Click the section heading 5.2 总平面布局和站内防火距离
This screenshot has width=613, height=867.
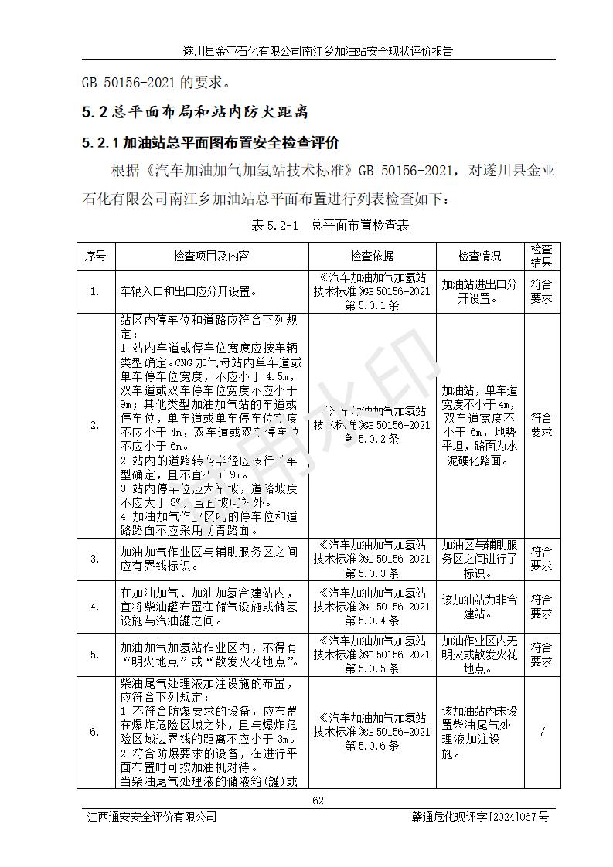click(195, 112)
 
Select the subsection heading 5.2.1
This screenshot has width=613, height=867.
click(210, 143)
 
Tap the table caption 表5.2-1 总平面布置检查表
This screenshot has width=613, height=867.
click(330, 226)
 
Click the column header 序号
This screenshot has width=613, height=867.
click(95, 256)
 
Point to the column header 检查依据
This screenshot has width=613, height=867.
click(372, 256)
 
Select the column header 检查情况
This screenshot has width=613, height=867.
click(479, 256)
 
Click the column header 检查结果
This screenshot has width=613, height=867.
click(541, 256)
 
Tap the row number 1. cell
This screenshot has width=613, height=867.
click(95, 292)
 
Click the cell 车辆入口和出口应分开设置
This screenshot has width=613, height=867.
click(189, 292)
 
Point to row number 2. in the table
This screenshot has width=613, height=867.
click(95, 425)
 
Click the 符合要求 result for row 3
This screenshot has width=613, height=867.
click(541, 559)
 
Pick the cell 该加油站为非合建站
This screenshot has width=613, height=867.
click(479, 607)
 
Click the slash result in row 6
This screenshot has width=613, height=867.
click(541, 733)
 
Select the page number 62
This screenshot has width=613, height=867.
click(318, 800)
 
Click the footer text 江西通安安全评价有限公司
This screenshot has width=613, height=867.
click(152, 817)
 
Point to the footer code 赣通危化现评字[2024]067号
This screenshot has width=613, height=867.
click(480, 817)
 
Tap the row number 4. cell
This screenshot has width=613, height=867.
click(95, 607)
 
